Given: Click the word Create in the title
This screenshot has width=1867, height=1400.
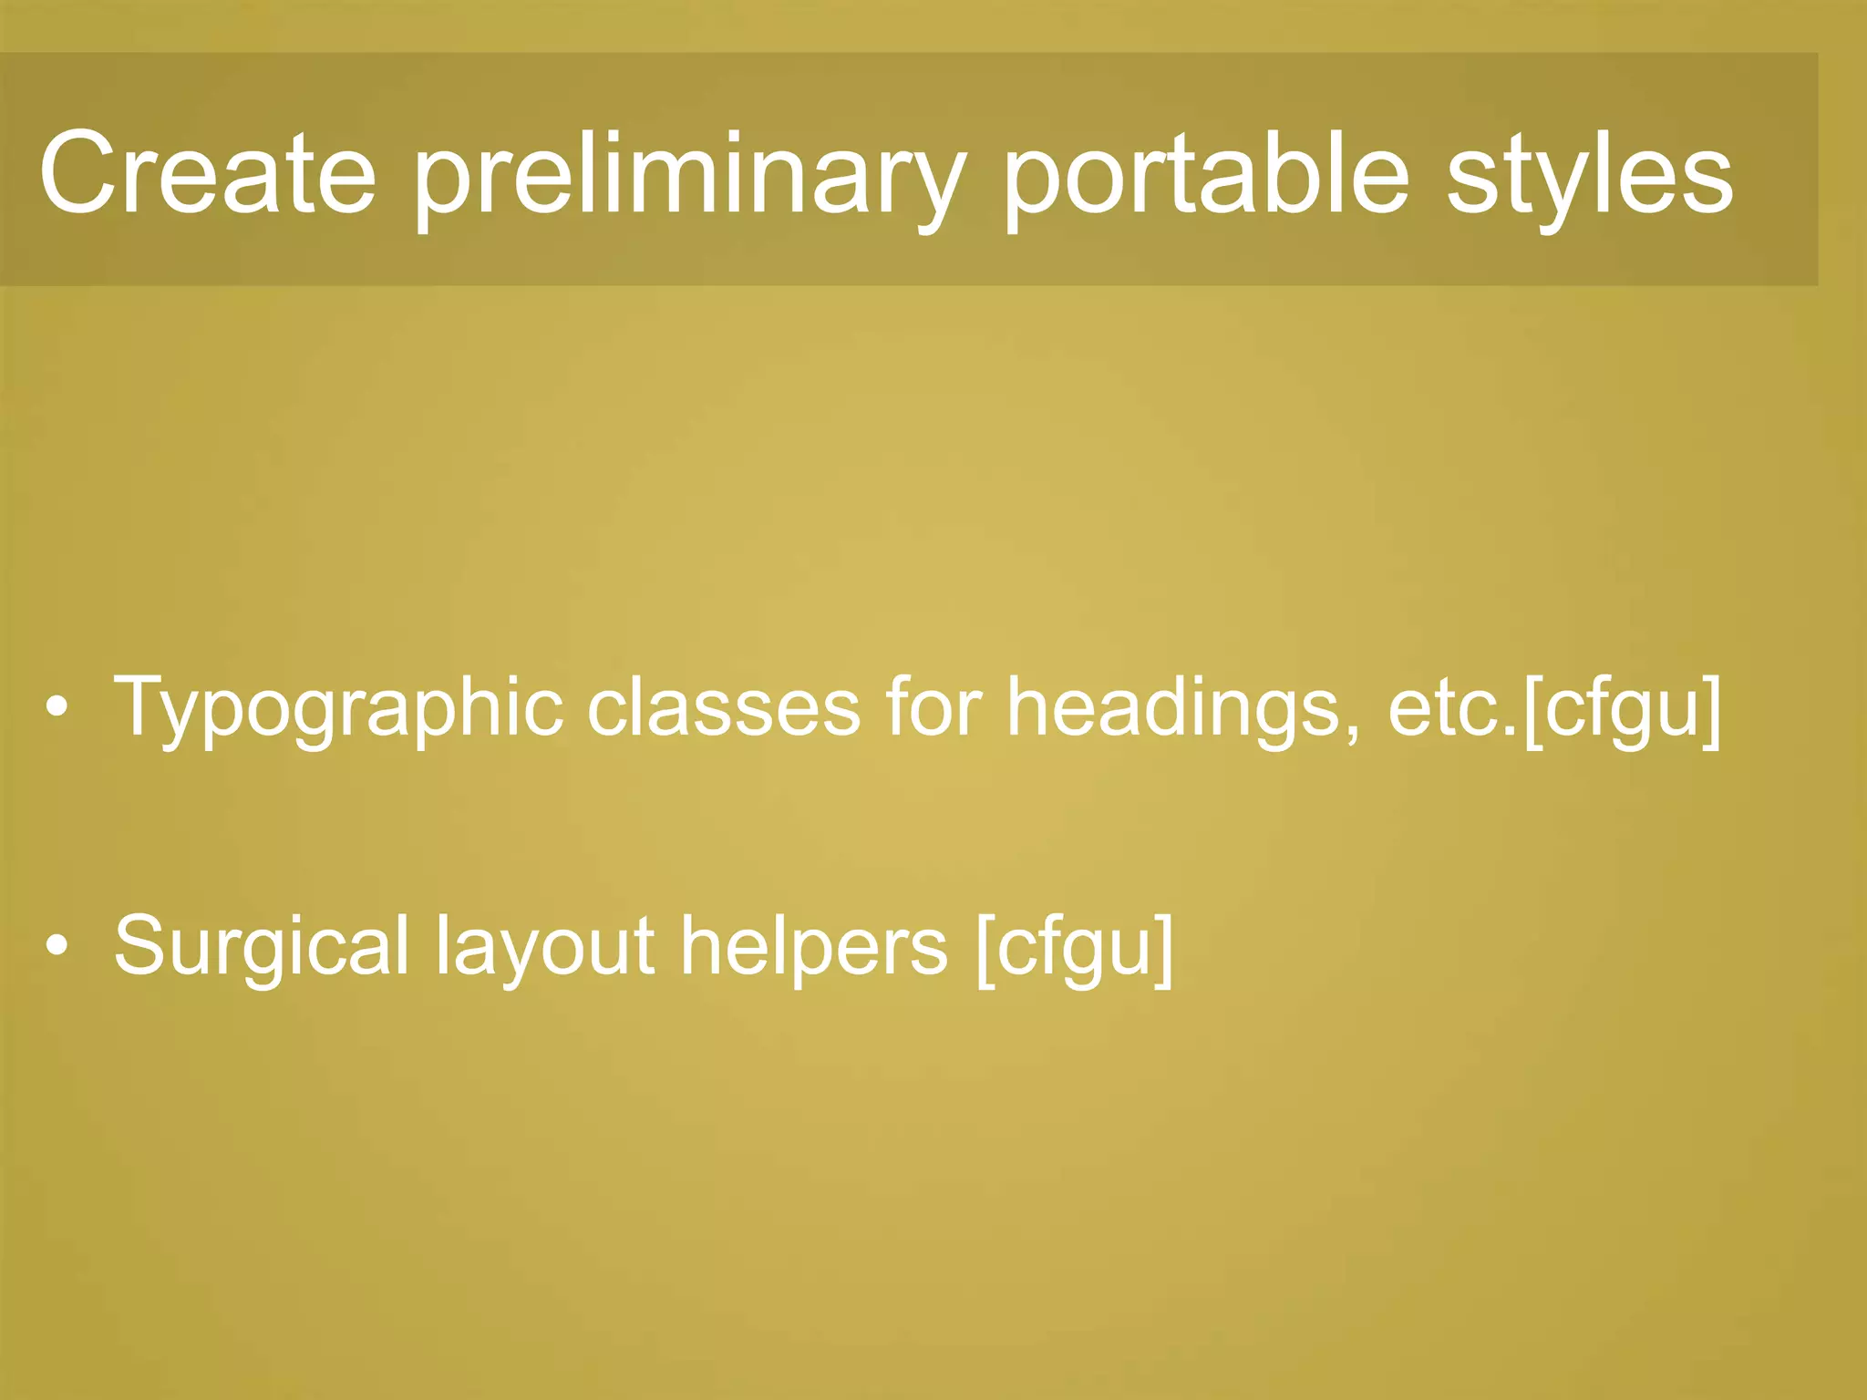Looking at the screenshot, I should tap(208, 173).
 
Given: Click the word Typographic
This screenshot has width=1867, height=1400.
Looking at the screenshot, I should tap(337, 709).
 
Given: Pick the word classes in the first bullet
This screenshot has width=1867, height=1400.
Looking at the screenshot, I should tap(723, 707).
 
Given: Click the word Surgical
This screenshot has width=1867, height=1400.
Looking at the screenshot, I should tap(262, 948).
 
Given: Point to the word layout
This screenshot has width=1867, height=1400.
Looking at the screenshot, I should tap(544, 948).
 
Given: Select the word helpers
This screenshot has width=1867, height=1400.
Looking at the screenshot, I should tap(813, 948).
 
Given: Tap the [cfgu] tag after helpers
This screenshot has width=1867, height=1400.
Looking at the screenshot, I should tap(1074, 948).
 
